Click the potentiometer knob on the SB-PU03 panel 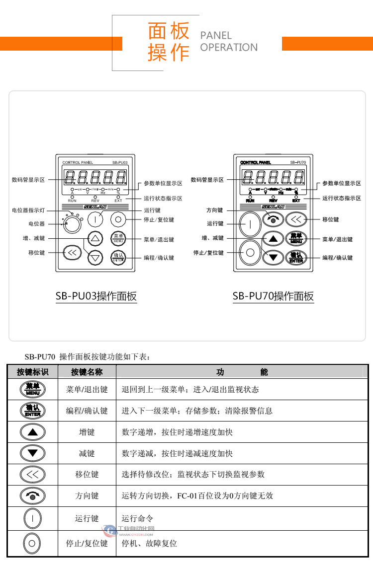[72, 224]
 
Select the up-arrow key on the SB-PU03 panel [95, 238]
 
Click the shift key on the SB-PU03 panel [72, 253]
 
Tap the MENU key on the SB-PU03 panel [118, 238]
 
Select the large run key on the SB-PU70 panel [250, 225]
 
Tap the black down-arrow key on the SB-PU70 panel [273, 257]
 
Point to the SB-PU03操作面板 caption [96, 296]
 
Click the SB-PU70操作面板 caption [273, 296]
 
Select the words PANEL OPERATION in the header [229, 42]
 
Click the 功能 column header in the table [242, 372]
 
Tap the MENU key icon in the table [32, 389]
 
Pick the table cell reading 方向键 [87, 495]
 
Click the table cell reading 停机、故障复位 [149, 543]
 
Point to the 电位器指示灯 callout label [28, 211]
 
